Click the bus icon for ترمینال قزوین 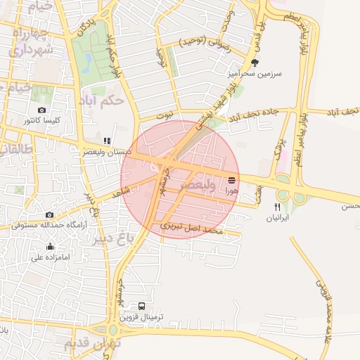[x=142, y=307]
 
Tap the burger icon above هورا [x=232, y=181]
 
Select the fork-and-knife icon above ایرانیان [x=277, y=207]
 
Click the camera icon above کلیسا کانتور [x=41, y=110]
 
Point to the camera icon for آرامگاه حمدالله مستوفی [x=49, y=215]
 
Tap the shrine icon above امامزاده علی [x=50, y=246]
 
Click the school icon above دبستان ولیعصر [x=106, y=141]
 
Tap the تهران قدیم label [x=92, y=344]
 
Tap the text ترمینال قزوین [x=142, y=318]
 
